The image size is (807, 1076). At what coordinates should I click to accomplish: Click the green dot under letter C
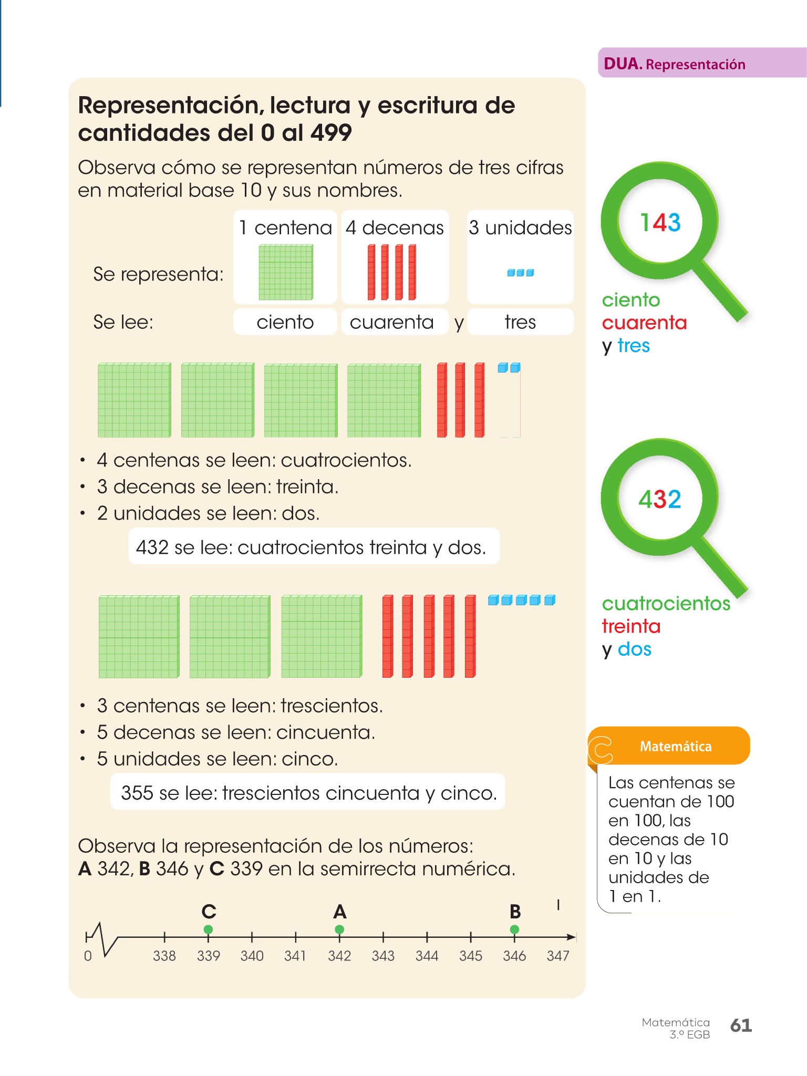point(208,929)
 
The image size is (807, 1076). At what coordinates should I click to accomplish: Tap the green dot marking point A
point(339,929)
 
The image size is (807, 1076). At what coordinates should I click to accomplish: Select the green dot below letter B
point(514,929)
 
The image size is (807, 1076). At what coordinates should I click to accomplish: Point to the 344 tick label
point(427,956)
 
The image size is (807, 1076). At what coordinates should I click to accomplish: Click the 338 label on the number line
point(164,956)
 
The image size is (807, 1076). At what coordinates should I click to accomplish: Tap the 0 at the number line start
point(88,956)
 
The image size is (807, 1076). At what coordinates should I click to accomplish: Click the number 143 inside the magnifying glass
point(660,222)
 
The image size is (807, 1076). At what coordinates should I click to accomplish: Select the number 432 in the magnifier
point(660,499)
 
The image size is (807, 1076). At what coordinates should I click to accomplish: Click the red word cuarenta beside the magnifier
point(644,323)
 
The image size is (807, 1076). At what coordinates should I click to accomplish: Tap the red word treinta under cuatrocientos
point(631,626)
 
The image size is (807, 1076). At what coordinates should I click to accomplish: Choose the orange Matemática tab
point(675,747)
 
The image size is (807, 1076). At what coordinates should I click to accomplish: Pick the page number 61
point(741,1025)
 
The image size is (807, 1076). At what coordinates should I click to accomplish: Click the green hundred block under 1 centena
point(285,272)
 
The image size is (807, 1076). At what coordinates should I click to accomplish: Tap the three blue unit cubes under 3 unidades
point(520,273)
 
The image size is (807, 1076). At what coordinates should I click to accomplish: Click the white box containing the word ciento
point(285,322)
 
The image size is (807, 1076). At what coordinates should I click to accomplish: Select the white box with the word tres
point(520,322)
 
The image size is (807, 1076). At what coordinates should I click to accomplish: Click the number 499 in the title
point(330,132)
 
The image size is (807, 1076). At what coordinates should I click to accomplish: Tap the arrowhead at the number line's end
point(571,937)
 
